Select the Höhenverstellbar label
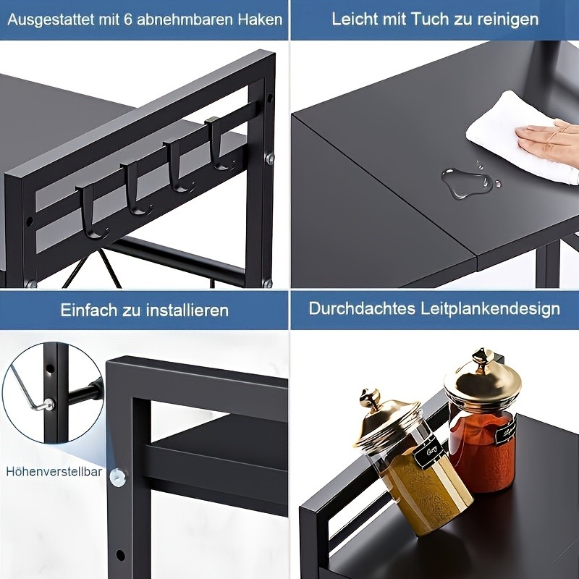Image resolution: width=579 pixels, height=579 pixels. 54,471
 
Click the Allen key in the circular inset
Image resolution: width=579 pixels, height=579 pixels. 25,391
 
